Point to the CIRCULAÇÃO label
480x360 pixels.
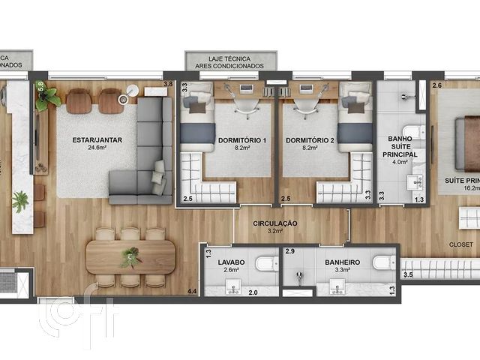(x=275, y=223)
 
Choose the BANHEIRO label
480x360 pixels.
(x=342, y=262)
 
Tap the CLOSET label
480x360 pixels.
(x=460, y=244)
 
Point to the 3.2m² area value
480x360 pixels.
(x=275, y=232)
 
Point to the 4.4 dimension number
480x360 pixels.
(x=192, y=290)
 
